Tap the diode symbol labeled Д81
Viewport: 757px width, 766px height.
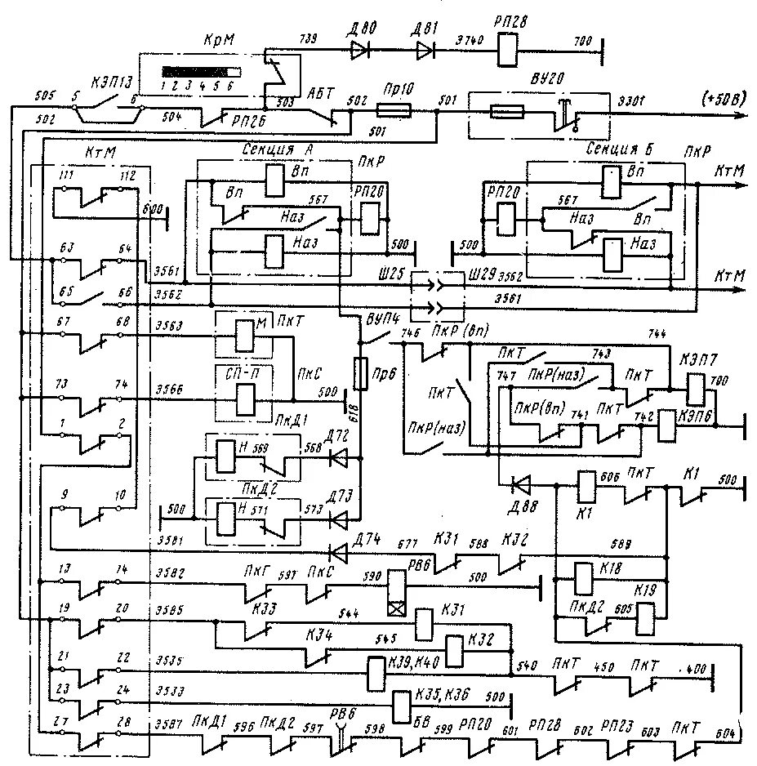coord(425,51)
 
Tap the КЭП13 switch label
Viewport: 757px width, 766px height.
coord(109,80)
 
